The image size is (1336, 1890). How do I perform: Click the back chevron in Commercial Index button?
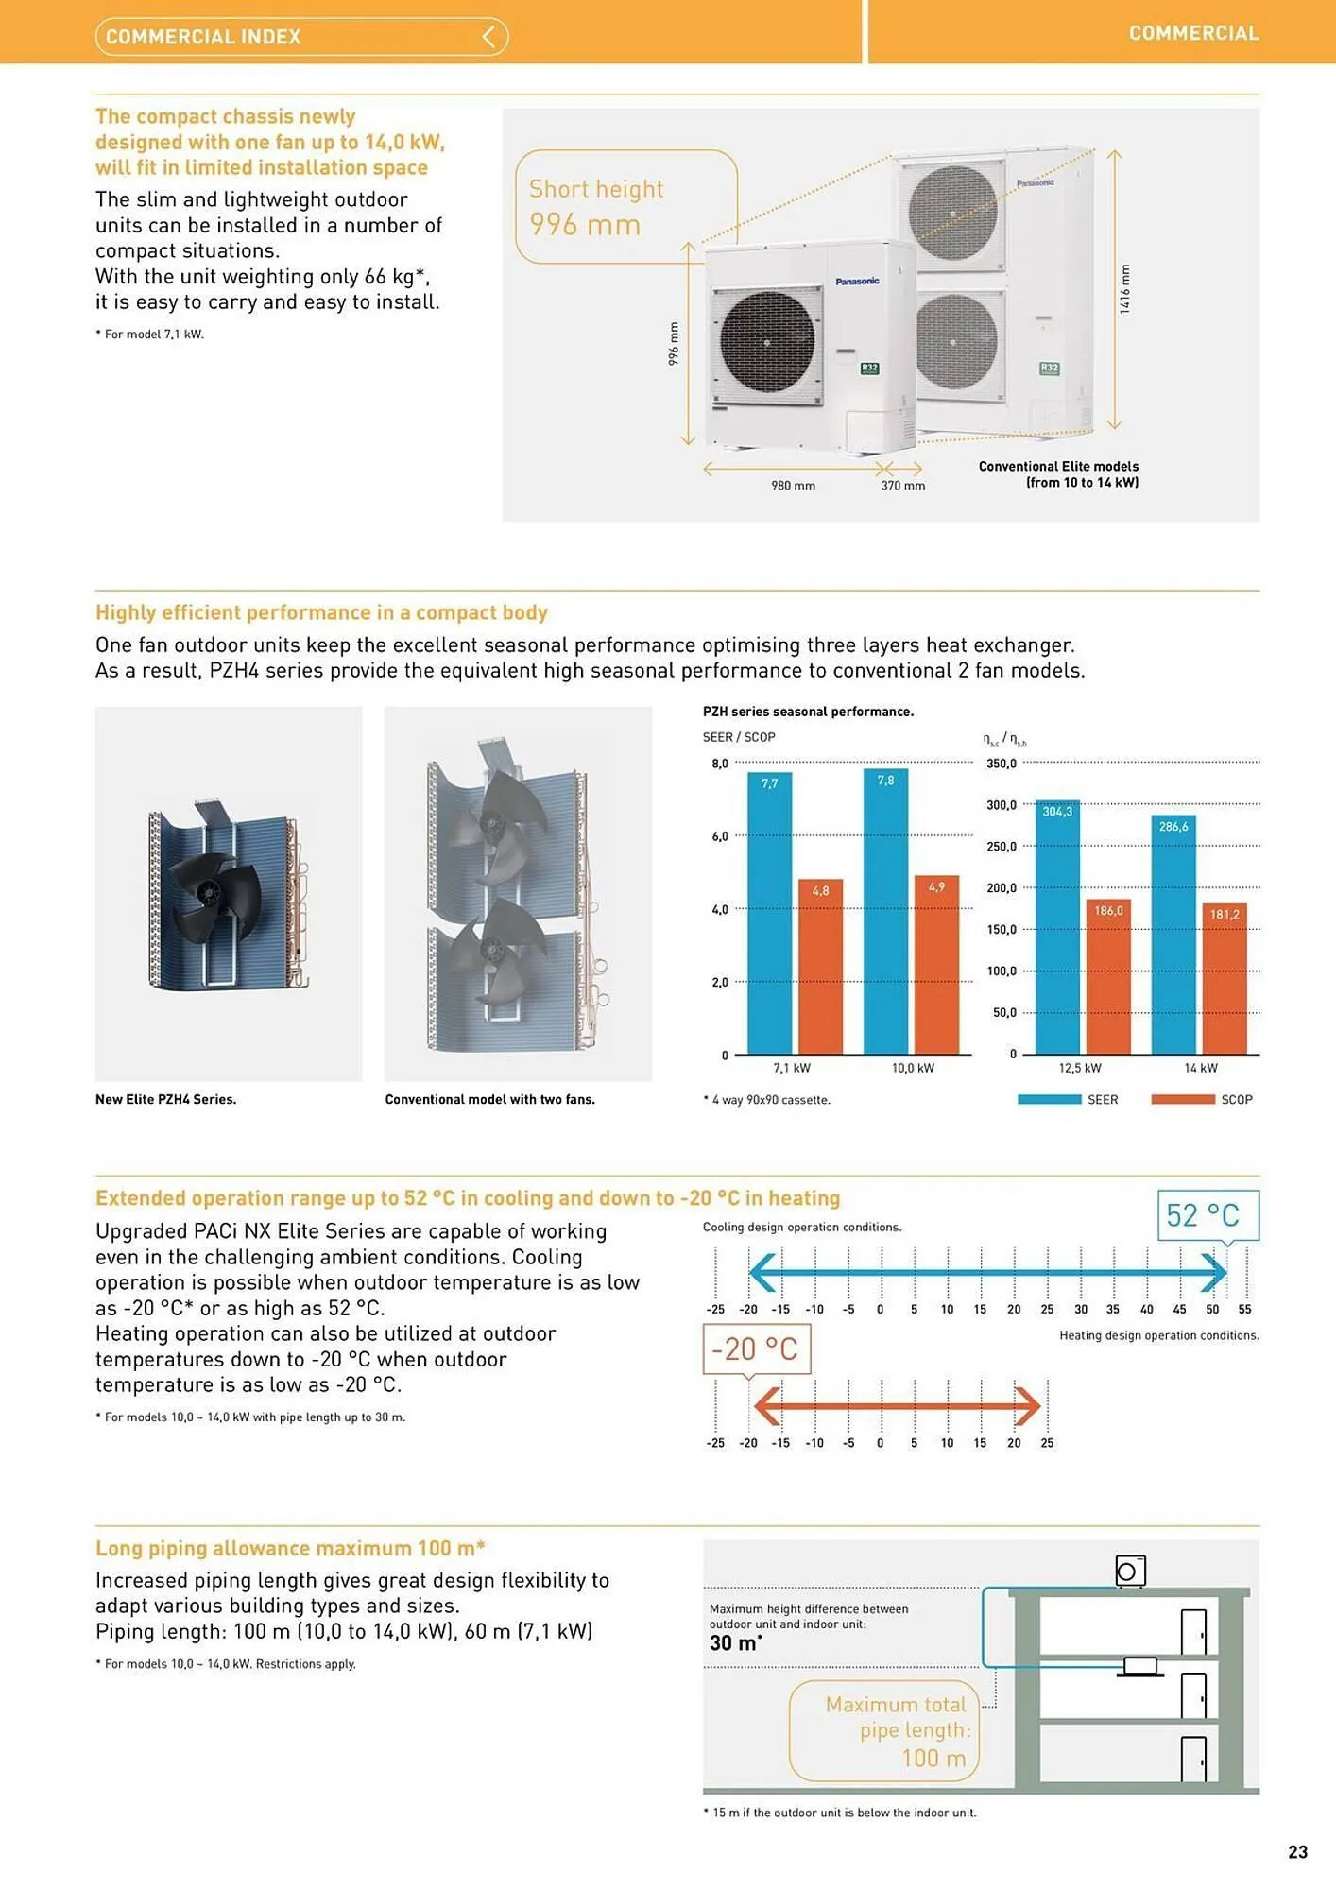click(488, 37)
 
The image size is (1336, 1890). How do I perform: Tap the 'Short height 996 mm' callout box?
click(625, 207)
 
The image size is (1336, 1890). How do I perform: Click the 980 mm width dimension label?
click(793, 486)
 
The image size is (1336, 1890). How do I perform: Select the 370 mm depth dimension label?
click(902, 486)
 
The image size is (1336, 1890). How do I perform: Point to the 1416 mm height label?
click(1124, 289)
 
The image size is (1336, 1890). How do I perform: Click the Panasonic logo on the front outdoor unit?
click(857, 282)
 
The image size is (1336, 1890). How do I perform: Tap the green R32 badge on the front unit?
click(869, 369)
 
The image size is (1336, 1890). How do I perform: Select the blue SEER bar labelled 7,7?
click(769, 912)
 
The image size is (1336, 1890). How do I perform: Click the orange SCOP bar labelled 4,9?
click(936, 964)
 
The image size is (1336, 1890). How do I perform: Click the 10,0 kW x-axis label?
click(913, 1068)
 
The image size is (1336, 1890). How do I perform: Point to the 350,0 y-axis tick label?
click(1002, 764)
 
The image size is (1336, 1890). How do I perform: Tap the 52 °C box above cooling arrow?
click(1208, 1215)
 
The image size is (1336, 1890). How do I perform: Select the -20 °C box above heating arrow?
click(756, 1349)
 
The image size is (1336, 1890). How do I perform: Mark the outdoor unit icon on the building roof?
click(1130, 1571)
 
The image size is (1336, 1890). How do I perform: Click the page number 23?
click(1297, 1852)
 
